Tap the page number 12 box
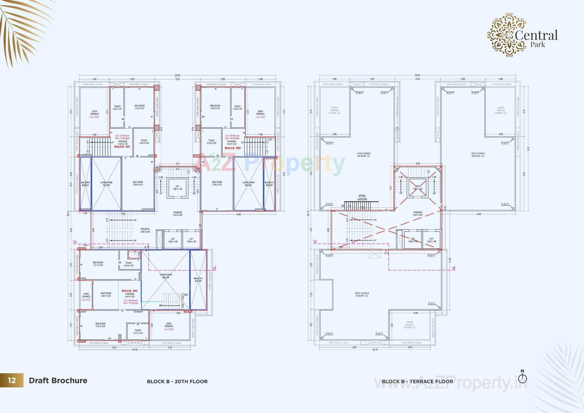coord(12,380)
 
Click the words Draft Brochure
coord(58,380)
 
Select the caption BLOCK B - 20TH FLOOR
coord(177,381)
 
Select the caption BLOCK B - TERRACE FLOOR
coord(417,381)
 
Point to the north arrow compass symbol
coord(522,378)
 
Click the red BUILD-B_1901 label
coord(122,147)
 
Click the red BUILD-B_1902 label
coord(233,148)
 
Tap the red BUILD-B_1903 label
coord(130,291)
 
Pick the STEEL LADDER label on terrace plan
coord(362,198)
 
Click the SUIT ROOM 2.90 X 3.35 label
coord(106,294)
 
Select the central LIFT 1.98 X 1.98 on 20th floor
coord(177,188)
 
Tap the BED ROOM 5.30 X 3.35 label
coord(100,325)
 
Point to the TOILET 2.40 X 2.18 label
coord(129,264)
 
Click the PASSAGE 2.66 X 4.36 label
coord(145,230)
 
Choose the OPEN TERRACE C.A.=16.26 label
coord(169,326)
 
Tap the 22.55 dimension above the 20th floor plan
coord(177,75)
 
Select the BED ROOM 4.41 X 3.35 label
coord(98,264)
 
